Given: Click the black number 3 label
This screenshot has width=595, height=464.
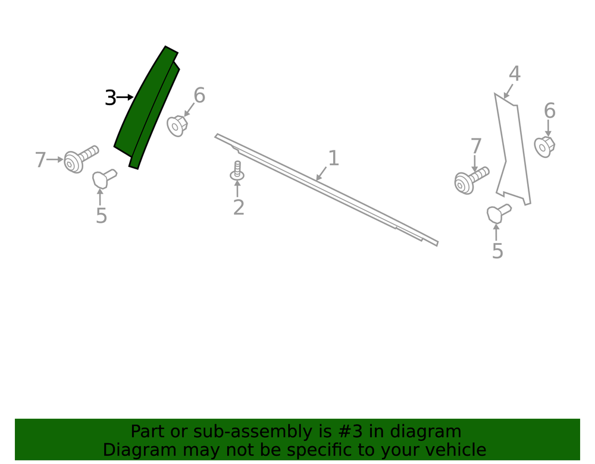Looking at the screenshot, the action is (111, 98).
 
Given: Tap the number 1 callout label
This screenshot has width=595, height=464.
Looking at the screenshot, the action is (333, 158).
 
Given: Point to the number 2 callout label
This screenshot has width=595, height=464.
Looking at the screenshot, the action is (239, 207).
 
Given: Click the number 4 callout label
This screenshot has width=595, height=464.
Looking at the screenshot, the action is (514, 74).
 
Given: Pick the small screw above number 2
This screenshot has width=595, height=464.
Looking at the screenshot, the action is (237, 171).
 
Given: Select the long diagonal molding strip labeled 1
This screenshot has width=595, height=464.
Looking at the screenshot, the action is (326, 190).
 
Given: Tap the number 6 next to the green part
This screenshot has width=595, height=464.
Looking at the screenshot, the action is (199, 96).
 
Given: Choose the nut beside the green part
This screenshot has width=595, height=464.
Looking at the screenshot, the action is (177, 126).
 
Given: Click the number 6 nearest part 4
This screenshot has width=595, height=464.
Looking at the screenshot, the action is (549, 111).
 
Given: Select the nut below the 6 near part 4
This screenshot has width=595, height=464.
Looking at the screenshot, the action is (544, 147).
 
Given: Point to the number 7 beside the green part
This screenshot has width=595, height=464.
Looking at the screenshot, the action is (40, 160).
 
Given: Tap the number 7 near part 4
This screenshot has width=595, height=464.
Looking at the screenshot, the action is (476, 147).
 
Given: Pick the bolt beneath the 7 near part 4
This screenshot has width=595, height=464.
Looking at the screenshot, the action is (472, 181).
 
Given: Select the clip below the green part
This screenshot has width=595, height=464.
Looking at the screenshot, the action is (105, 178).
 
